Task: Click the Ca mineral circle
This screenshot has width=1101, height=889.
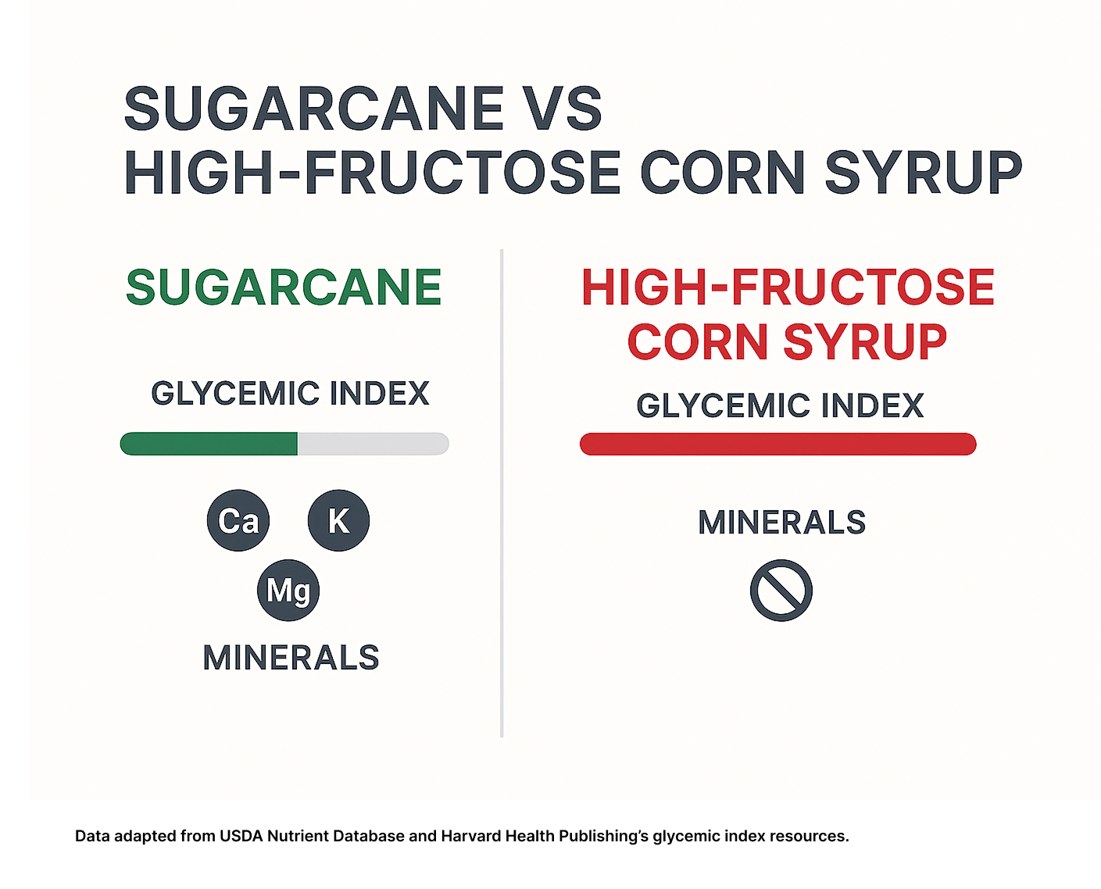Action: [x=238, y=520]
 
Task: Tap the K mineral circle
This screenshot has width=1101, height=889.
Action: [x=338, y=520]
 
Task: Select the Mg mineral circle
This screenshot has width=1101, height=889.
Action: [x=288, y=590]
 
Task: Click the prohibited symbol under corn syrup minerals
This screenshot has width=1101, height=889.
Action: [x=781, y=590]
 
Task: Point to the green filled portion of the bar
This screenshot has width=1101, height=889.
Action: [x=209, y=444]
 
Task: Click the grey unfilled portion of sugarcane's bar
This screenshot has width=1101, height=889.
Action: [x=374, y=444]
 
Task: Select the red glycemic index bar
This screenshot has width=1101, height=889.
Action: [x=778, y=444]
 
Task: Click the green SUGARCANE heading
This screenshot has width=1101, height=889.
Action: [x=284, y=287]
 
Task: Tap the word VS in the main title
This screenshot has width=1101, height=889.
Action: [x=564, y=109]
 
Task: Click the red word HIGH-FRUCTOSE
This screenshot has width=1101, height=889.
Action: [x=788, y=287]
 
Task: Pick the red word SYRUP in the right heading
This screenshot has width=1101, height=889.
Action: [x=865, y=341]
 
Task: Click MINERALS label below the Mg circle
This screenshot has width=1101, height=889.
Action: [x=291, y=658]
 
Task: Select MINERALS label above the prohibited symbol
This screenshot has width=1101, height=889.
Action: [x=781, y=523]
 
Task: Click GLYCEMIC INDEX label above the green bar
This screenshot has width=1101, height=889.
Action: [x=290, y=394]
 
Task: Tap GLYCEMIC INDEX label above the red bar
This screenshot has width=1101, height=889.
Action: [x=780, y=405]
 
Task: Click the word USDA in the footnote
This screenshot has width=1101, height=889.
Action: [x=241, y=837]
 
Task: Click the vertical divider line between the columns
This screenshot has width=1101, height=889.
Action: [x=502, y=493]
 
